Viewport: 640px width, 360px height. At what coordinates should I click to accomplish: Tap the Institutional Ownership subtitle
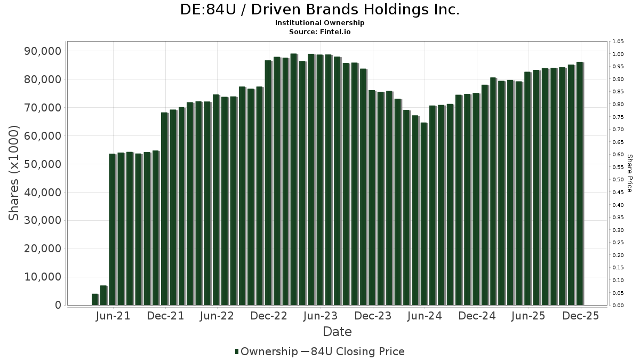(x=320, y=23)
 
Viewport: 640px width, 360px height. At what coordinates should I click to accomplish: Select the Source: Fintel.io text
(x=320, y=31)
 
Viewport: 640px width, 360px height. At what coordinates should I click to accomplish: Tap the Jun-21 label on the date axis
(x=113, y=316)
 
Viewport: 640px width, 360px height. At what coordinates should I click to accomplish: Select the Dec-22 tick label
(x=269, y=316)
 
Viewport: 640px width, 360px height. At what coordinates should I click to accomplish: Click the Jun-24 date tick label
(x=424, y=316)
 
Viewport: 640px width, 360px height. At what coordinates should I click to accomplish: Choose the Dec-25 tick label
(x=581, y=316)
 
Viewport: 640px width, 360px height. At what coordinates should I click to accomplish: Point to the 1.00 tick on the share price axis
(x=618, y=54)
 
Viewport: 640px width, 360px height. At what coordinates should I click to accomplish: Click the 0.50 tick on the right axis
(x=618, y=180)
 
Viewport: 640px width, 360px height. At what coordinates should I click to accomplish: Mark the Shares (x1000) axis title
(x=14, y=173)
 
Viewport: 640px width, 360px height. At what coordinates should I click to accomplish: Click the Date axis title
(x=337, y=332)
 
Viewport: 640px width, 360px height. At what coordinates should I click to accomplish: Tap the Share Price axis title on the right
(x=630, y=173)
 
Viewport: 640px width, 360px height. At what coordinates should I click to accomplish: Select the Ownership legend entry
(x=267, y=351)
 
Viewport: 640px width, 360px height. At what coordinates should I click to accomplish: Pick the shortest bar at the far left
(x=95, y=300)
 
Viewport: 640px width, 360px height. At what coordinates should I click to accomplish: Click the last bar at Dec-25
(x=579, y=183)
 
